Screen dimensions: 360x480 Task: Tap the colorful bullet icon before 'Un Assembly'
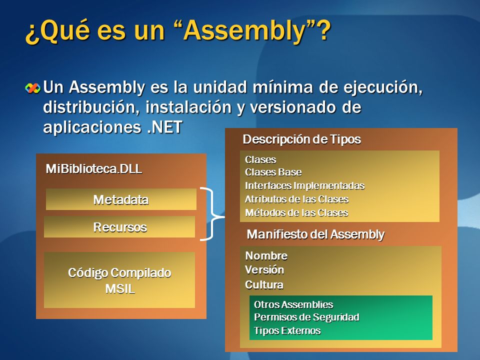(33, 88)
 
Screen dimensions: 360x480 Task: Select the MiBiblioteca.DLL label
(94, 169)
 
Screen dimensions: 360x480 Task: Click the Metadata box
(121, 199)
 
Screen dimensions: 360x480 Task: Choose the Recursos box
(120, 227)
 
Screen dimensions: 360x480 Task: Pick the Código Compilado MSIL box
(119, 280)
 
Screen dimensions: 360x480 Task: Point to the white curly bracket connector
(213, 214)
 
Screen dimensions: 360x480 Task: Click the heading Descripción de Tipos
(301, 139)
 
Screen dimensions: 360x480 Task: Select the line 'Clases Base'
(273, 172)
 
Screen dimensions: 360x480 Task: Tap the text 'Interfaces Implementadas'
(304, 186)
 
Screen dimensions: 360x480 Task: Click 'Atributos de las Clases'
(296, 199)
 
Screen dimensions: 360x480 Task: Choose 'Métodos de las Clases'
(296, 212)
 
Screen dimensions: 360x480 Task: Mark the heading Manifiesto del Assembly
(316, 234)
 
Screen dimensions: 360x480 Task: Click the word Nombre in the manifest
(266, 256)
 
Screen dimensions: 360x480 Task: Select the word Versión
(264, 270)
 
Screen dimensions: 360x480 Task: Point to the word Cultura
(264, 285)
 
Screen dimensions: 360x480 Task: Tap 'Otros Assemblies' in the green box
(293, 304)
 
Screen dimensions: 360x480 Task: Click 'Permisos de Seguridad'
(306, 317)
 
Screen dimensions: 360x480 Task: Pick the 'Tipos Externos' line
(287, 330)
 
